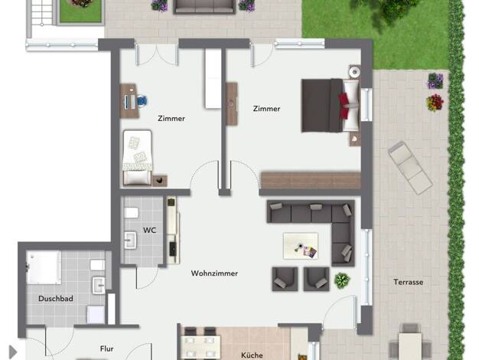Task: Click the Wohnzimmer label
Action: click(x=214, y=273)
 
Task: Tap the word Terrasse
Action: click(x=408, y=282)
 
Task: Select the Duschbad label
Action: click(x=56, y=299)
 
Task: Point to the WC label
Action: click(x=149, y=230)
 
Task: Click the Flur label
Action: click(x=106, y=349)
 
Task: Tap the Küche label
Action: click(x=252, y=355)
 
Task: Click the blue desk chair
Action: click(x=142, y=100)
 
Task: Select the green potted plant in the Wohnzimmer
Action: click(x=342, y=280)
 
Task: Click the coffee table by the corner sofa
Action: click(x=301, y=246)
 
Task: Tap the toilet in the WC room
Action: click(x=132, y=213)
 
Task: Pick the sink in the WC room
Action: click(x=130, y=241)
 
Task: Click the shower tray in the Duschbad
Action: click(x=44, y=267)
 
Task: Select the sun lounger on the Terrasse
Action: click(x=410, y=168)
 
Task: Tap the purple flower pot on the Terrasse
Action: click(x=435, y=80)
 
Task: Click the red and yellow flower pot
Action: click(x=435, y=103)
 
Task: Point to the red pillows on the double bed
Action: click(x=344, y=106)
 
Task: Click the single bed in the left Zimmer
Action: click(x=137, y=158)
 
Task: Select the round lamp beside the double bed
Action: click(x=355, y=72)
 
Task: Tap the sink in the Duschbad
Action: click(x=99, y=286)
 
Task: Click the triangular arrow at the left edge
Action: click(x=13, y=352)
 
